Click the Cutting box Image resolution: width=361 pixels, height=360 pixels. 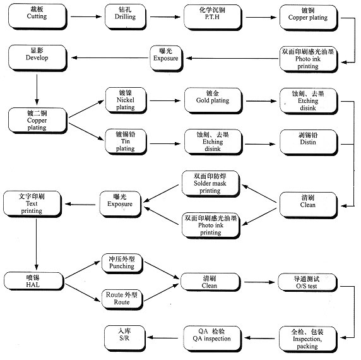(37, 16)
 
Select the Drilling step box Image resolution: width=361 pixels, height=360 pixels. (126, 16)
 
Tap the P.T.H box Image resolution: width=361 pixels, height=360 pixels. (213, 17)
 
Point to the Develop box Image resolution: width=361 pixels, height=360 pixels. (37, 58)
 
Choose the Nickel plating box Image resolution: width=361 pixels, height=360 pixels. (126, 100)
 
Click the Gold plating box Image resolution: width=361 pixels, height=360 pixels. (213, 100)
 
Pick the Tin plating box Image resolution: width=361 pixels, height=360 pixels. (126, 141)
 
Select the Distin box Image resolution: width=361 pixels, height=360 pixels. (309, 142)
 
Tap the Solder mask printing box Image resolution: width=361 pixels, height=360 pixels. (211, 184)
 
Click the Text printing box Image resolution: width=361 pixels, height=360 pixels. (32, 204)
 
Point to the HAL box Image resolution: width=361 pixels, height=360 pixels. (33, 281)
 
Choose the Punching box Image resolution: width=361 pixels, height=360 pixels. (122, 263)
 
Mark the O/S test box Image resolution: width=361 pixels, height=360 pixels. (307, 282)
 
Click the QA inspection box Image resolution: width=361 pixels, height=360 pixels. (213, 339)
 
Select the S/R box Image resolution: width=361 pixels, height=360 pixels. (125, 338)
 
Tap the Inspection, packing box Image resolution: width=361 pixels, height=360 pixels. (308, 339)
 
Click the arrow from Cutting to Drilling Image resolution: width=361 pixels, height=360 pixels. (86, 16)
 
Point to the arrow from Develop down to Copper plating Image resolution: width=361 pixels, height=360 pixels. (37, 90)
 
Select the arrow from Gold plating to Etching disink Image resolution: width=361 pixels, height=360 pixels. (261, 101)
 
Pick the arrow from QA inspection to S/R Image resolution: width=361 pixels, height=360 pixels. (163, 338)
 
